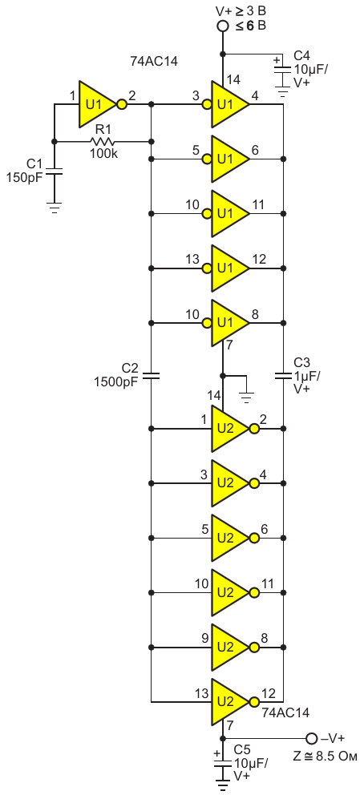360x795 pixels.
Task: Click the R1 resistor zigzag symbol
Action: [103, 142]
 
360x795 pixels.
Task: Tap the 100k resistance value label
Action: [104, 154]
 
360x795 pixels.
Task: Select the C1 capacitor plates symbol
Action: [55, 172]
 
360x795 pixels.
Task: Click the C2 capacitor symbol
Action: [151, 376]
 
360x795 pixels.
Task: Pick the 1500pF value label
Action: [116, 381]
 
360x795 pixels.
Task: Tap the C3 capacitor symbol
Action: [283, 376]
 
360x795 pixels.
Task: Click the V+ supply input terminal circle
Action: [223, 26]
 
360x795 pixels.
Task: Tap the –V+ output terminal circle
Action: [311, 737]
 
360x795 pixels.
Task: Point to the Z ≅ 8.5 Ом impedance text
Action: [325, 757]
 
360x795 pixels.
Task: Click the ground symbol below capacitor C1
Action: [55, 207]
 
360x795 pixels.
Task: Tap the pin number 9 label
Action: [204, 639]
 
